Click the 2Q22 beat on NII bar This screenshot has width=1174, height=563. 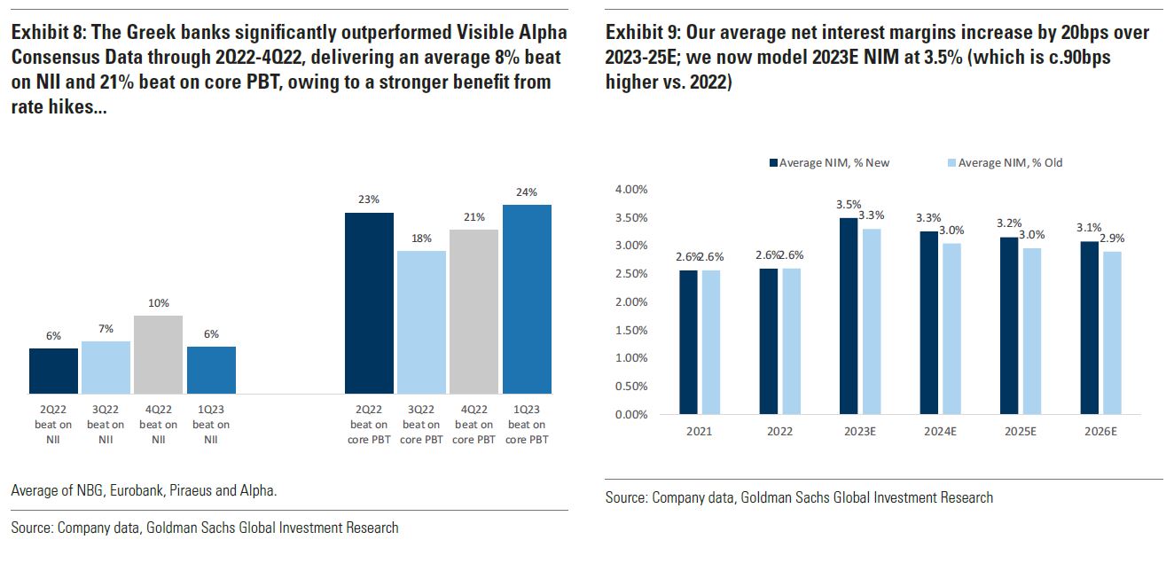[x=53, y=371]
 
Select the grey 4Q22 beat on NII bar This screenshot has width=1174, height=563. [x=158, y=355]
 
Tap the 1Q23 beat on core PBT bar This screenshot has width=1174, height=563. [x=527, y=300]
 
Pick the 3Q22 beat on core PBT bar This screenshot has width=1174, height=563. [x=421, y=323]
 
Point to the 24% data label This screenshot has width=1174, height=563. [x=527, y=192]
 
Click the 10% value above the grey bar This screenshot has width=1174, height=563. [x=158, y=303]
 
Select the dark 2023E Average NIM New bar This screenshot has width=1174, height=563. [x=849, y=317]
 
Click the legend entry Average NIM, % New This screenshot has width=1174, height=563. [x=828, y=162]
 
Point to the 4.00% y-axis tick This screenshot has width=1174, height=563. [x=631, y=189]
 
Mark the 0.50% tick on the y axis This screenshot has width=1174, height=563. [x=631, y=387]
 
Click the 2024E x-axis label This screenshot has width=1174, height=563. [x=940, y=431]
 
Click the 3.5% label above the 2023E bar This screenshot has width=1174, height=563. [x=849, y=205]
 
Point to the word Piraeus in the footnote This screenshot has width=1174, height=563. [x=189, y=490]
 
